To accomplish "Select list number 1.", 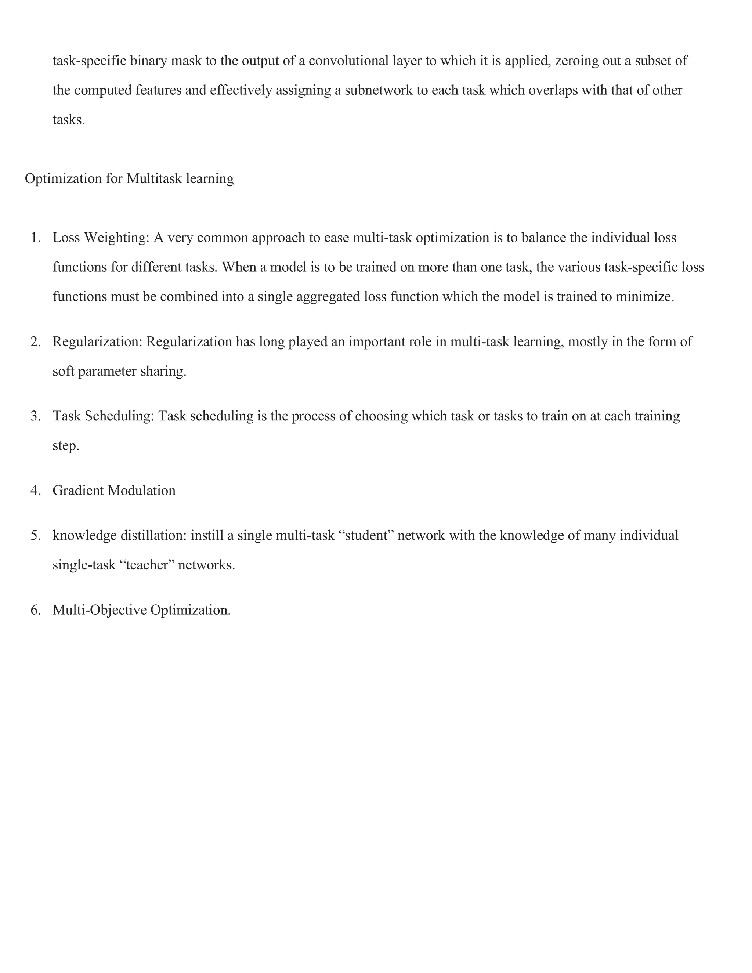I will (36, 238).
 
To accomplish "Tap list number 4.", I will (36, 491).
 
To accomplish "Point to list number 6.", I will (36, 610).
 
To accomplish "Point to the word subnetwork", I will (379, 90).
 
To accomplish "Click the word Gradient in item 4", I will (79, 491).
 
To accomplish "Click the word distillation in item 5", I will (154, 535).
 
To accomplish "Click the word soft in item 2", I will (63, 371).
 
